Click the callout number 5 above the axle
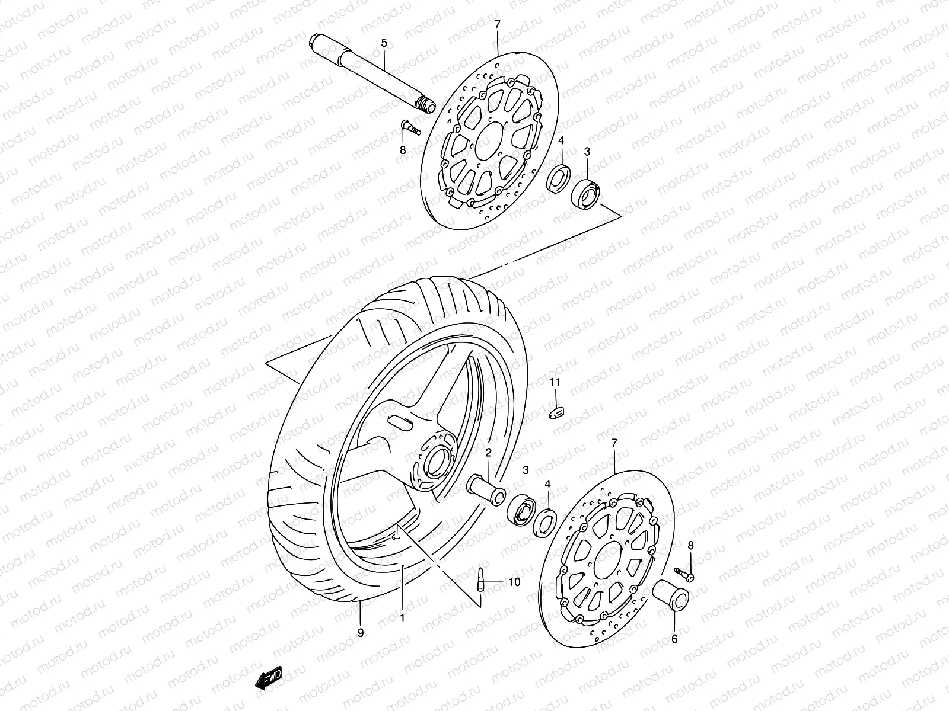384,43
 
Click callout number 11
554,383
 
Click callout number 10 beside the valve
514,582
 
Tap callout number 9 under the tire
361,633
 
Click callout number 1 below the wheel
402,617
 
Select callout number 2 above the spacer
489,453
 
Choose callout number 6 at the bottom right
674,639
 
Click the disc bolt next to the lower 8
684,573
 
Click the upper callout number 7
497,24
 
